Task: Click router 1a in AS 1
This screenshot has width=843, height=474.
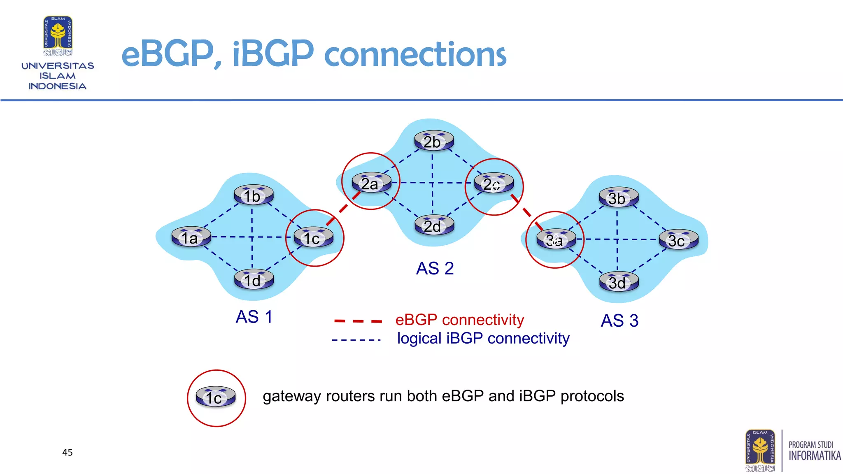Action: (x=191, y=237)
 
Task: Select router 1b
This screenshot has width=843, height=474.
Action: (x=254, y=195)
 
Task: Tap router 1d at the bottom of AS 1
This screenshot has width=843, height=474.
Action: (x=254, y=280)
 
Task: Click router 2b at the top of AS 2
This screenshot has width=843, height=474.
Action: (x=433, y=141)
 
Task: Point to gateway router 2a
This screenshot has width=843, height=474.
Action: (x=371, y=183)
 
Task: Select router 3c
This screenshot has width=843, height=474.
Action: (x=678, y=240)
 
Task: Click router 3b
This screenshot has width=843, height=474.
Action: (x=618, y=198)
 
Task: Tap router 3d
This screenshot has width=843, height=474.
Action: (x=618, y=282)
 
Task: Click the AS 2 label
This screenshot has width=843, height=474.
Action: (x=435, y=269)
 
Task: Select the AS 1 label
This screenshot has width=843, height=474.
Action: (x=254, y=317)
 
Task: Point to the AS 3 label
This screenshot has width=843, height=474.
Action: (x=619, y=321)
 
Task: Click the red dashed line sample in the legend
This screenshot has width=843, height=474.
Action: (x=358, y=321)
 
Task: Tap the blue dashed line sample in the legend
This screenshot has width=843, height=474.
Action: (x=356, y=340)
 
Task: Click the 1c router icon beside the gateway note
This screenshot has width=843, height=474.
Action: (x=216, y=397)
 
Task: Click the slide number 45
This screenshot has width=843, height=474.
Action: (x=68, y=453)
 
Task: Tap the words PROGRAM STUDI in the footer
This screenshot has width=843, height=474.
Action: (x=810, y=445)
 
